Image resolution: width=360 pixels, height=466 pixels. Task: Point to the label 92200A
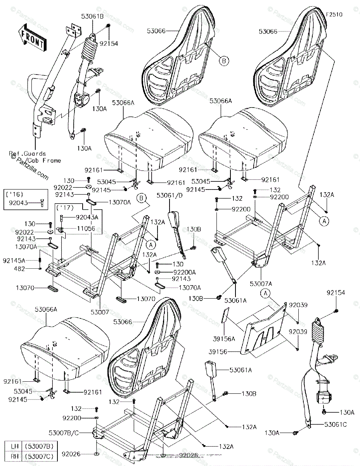(x=174, y=272)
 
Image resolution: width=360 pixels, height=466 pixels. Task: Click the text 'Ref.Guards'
(x=28, y=154)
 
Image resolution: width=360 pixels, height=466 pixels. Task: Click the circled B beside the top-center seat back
(x=223, y=61)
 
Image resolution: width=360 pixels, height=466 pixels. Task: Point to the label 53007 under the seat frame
(x=100, y=312)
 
